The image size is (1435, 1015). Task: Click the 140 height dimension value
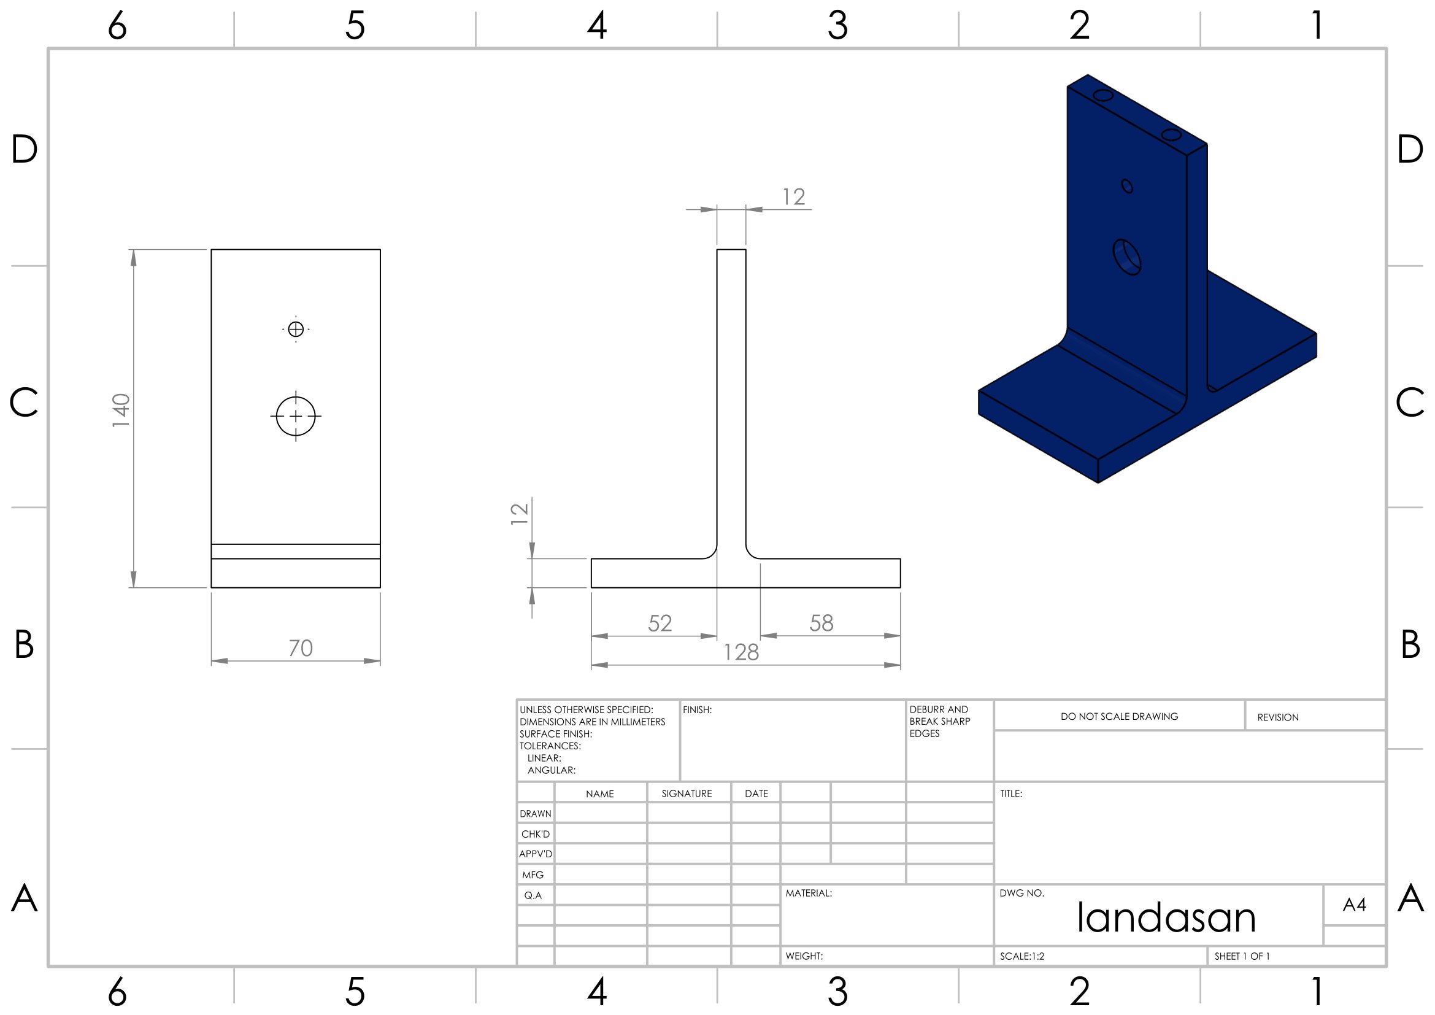(x=121, y=411)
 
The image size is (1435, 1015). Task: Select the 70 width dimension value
(x=301, y=648)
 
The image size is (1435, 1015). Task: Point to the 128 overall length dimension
(x=741, y=652)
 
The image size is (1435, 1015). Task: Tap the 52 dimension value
(x=660, y=623)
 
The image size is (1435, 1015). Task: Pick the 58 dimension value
(x=821, y=622)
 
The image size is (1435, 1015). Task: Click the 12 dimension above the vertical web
(x=794, y=197)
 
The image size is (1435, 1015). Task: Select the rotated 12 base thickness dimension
(x=520, y=514)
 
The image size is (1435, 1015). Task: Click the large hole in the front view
(x=296, y=416)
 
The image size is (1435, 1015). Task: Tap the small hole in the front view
(x=296, y=329)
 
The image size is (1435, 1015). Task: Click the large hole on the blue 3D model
(x=1127, y=257)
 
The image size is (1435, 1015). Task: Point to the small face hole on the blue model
(x=1127, y=187)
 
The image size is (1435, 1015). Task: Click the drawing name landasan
(x=1166, y=917)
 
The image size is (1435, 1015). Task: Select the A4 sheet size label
(x=1355, y=905)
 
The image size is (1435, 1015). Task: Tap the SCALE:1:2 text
(x=1022, y=956)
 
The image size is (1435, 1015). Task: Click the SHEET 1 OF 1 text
(x=1242, y=956)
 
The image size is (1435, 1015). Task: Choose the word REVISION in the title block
(x=1277, y=717)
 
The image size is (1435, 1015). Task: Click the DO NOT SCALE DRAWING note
(x=1119, y=717)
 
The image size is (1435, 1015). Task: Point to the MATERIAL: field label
(x=809, y=893)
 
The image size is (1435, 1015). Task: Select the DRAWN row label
(x=536, y=814)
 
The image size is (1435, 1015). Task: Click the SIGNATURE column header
(x=687, y=793)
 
